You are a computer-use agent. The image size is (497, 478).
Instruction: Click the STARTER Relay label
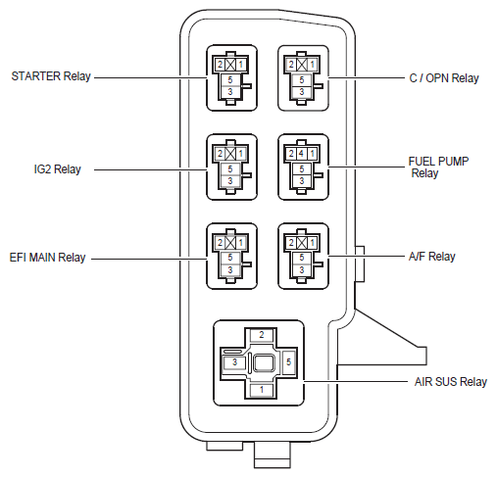point(51,76)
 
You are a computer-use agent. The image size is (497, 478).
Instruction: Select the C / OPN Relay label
point(444,78)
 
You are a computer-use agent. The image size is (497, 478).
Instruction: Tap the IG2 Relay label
point(58,169)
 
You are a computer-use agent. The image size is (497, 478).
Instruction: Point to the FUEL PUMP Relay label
point(438,167)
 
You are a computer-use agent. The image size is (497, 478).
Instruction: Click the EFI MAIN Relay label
point(47,258)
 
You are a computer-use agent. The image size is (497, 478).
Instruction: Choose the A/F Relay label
point(431,257)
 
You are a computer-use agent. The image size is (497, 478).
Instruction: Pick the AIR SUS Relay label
point(451,381)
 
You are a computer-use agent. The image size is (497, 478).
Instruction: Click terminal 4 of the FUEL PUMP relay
point(301,154)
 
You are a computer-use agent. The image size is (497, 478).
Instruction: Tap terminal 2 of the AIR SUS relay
point(262,335)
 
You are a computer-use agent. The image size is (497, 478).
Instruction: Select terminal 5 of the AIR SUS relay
point(288,361)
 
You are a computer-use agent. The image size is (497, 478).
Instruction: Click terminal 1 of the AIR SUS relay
point(262,390)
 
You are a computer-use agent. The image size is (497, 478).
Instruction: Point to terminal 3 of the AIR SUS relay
point(234,362)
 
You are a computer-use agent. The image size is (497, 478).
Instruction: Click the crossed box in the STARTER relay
point(230,65)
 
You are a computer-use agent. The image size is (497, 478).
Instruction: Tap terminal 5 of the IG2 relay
point(230,169)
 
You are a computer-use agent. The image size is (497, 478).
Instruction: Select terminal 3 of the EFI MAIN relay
point(230,270)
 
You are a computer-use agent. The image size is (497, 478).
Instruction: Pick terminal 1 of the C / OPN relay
point(312,65)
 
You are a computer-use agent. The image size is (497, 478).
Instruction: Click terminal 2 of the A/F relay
point(291,243)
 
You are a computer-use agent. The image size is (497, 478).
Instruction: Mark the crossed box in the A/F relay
point(302,243)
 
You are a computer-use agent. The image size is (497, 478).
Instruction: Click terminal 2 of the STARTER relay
point(220,65)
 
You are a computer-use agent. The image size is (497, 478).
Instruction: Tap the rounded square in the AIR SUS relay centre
point(264,362)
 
